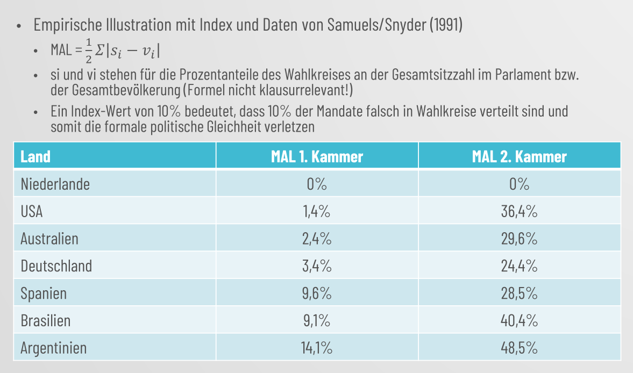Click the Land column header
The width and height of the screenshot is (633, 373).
pos(35,156)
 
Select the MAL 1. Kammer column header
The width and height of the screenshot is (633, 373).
pos(317,156)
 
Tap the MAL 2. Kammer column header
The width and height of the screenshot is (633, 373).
pos(519,156)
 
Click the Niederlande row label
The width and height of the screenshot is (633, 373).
pos(55,184)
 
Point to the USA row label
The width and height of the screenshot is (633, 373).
pos(32,212)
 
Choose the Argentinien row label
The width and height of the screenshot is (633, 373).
pos(53,348)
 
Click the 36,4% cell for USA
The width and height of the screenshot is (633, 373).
pos(519,212)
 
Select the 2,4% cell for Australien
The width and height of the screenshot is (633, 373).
pos(317,239)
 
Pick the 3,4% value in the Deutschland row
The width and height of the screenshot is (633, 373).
pos(317,266)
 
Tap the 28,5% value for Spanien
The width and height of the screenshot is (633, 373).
pos(519,293)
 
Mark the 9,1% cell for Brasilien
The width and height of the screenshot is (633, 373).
pos(317,321)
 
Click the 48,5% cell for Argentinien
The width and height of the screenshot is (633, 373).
pos(519,348)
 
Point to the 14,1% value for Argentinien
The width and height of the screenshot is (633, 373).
pos(317,348)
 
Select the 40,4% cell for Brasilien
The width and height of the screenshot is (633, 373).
pos(519,321)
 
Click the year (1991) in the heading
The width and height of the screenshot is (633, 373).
pos(446,25)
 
